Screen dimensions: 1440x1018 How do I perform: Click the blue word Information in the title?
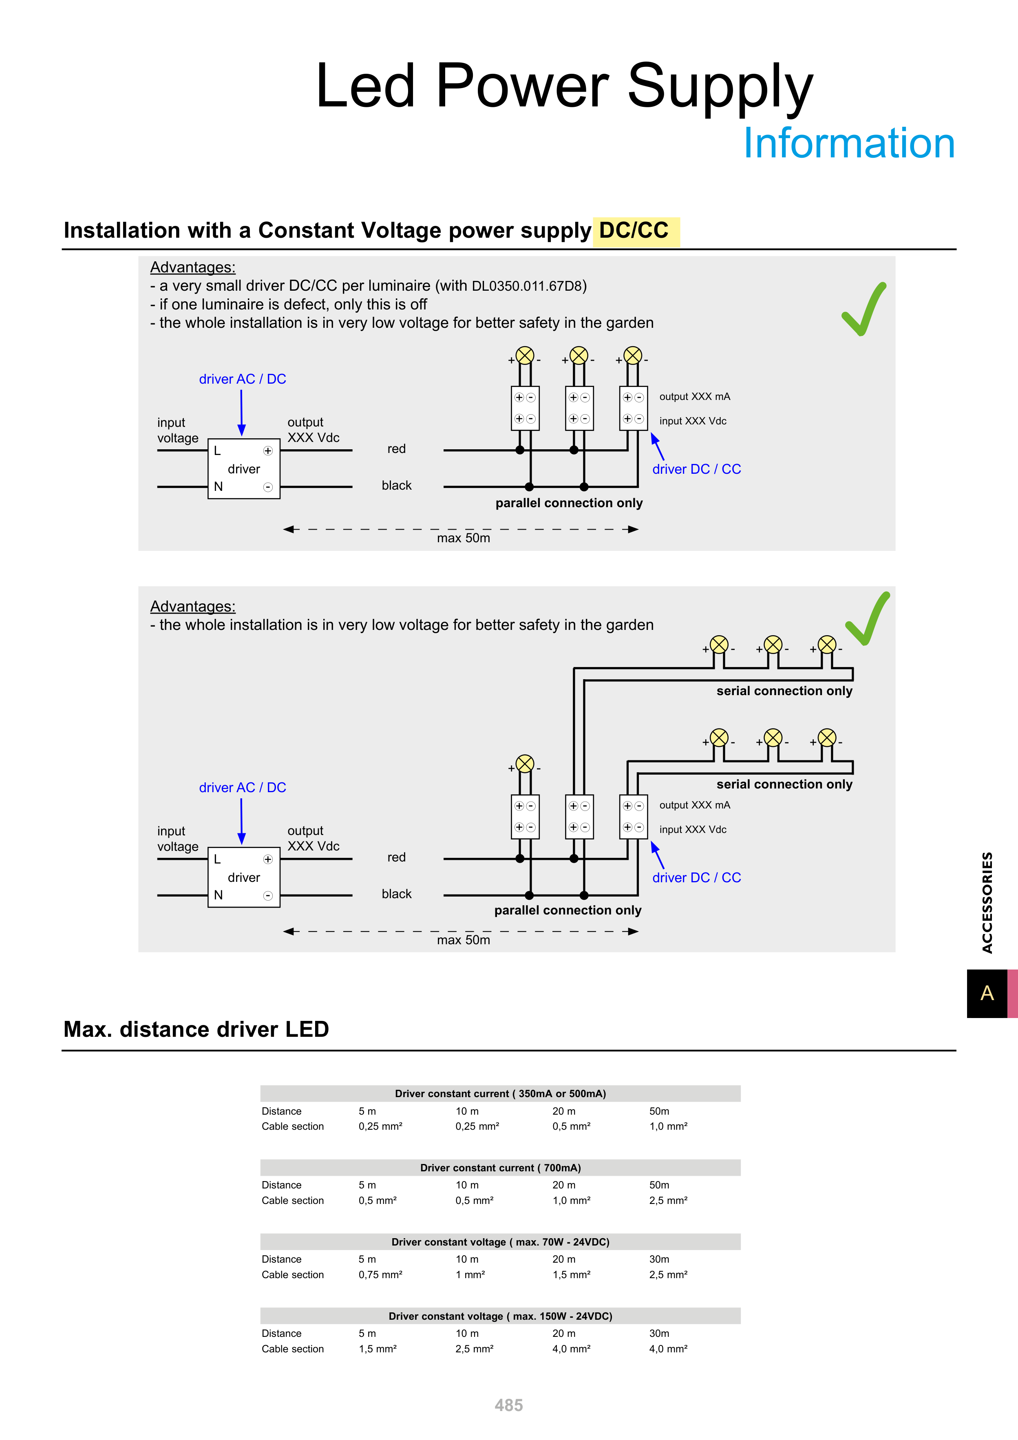click(x=849, y=143)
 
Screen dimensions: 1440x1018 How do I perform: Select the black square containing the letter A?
click(x=987, y=994)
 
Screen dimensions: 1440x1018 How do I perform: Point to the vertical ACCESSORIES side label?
click(x=987, y=903)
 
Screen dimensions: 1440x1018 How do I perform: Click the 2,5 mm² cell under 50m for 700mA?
click(x=668, y=1200)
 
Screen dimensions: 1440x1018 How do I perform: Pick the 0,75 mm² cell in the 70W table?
click(x=380, y=1274)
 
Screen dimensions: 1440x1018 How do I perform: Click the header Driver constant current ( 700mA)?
click(x=500, y=1168)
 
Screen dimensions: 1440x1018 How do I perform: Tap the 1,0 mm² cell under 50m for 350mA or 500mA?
click(x=668, y=1126)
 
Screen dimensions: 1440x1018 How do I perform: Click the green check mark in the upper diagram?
click(x=864, y=310)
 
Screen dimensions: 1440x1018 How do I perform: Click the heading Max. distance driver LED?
click(x=197, y=1029)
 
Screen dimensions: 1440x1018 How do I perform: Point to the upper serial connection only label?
click(x=784, y=691)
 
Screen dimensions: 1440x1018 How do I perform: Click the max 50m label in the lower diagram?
click(x=464, y=940)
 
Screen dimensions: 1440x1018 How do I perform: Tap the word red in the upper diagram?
click(x=396, y=449)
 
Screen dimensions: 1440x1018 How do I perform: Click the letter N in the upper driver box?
click(x=218, y=487)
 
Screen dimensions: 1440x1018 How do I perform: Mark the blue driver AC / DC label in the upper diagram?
click(x=242, y=380)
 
